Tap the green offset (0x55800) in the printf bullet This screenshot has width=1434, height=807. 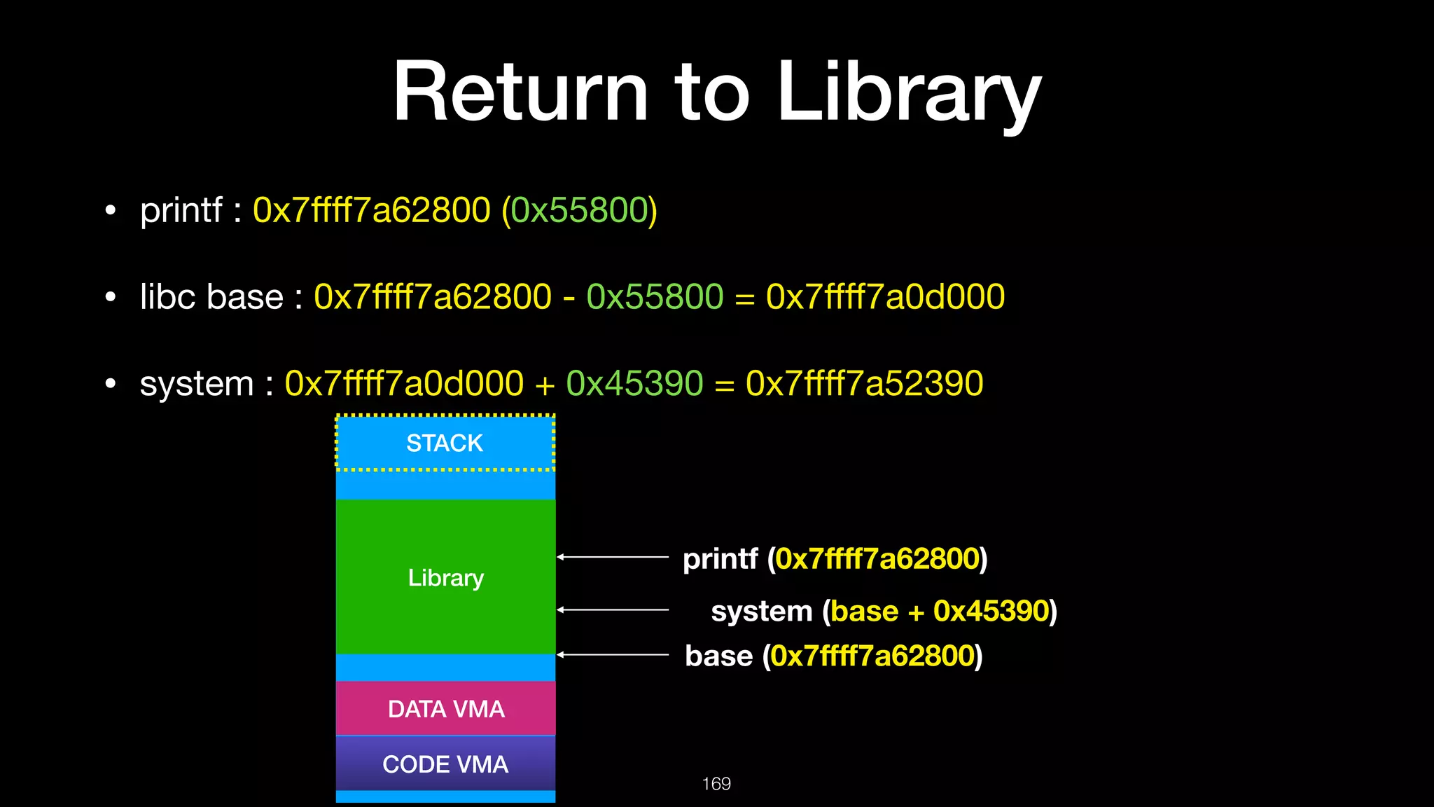(x=580, y=210)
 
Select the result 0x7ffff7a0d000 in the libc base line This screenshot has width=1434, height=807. (x=885, y=296)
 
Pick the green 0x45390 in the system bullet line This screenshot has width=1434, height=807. (x=634, y=383)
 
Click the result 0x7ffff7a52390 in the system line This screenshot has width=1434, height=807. (x=864, y=383)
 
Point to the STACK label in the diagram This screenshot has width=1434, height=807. (x=445, y=443)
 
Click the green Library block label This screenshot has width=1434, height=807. (x=446, y=578)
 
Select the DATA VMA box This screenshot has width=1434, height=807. (x=446, y=709)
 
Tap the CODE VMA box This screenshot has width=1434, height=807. (x=446, y=764)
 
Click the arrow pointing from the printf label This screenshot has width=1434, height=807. (x=613, y=557)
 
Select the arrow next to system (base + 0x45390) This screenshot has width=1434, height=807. (x=613, y=610)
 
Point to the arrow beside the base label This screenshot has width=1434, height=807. (x=613, y=654)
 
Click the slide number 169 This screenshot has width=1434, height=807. (x=716, y=784)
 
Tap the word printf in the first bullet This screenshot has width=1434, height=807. (x=181, y=210)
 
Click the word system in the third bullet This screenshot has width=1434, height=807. (x=197, y=384)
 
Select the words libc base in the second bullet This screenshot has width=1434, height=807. (x=211, y=296)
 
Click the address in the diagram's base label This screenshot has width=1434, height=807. (x=872, y=656)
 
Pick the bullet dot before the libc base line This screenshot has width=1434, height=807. (x=110, y=297)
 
